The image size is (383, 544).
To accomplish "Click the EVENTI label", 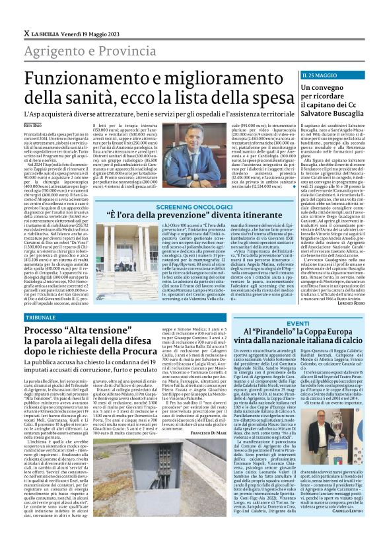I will point(298,323).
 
